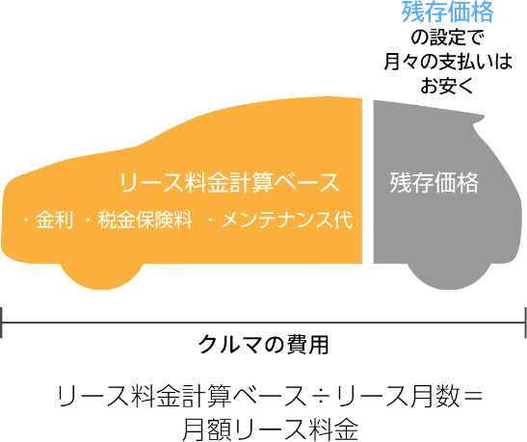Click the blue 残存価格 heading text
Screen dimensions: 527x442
click(x=448, y=13)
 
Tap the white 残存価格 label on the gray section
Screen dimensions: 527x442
click(x=434, y=183)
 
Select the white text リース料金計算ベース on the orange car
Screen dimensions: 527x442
click(x=229, y=183)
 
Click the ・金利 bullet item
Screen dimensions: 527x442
click(x=48, y=221)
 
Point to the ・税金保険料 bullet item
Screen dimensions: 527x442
click(x=139, y=221)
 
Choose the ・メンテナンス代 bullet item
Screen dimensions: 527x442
click(x=280, y=221)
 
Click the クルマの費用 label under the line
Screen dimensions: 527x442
click(x=264, y=345)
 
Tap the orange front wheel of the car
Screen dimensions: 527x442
click(x=102, y=276)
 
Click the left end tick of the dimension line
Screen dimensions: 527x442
click(x=2, y=322)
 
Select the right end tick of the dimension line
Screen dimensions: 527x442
click(x=525, y=322)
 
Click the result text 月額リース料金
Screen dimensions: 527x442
click(x=270, y=429)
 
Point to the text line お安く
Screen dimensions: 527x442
click(x=447, y=85)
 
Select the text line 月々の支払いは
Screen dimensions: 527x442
click(x=448, y=61)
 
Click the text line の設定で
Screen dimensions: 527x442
click(x=447, y=37)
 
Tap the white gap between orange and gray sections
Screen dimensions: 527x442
click(x=368, y=181)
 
